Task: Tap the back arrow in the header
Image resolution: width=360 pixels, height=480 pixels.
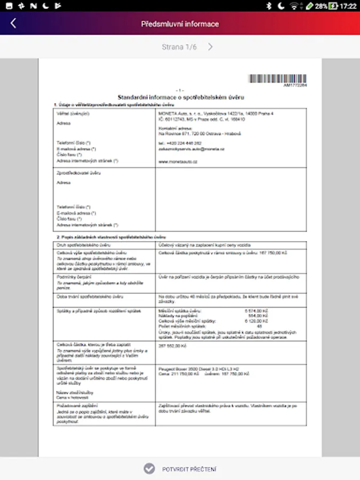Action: pos(13,23)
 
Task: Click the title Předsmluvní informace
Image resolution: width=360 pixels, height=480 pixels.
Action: pos(180,23)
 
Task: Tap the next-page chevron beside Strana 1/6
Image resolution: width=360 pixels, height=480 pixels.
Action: pos(211,47)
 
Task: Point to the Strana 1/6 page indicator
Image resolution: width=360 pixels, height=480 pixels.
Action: pos(179,47)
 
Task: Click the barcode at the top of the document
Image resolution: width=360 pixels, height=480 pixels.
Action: pos(277,79)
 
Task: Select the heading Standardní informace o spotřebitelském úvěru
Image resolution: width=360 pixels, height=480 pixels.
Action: pos(180,97)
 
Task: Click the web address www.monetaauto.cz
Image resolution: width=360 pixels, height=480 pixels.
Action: pos(178,161)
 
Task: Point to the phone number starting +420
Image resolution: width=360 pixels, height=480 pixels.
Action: pos(180,143)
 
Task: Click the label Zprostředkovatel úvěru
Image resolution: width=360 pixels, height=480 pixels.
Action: pos(71,173)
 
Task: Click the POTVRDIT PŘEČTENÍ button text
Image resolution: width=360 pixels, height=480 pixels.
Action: pos(189,469)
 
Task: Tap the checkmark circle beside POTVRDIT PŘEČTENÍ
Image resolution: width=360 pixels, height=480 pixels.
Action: pos(149,468)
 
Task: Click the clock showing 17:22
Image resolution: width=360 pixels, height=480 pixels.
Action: pos(348,6)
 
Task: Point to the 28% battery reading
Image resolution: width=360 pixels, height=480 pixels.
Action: pos(321,6)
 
